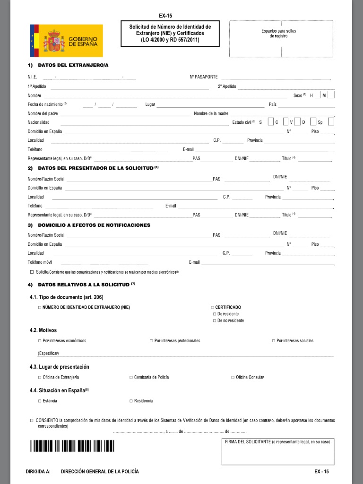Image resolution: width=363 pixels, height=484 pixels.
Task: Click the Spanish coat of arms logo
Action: pos(53,42)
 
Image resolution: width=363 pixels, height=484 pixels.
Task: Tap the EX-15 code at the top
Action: pos(169,16)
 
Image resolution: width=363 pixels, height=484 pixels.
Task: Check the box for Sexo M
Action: pos(331,95)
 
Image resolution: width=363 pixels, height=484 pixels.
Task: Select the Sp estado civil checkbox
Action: pos(331,122)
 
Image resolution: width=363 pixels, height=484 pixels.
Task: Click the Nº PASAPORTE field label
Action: pos(204,77)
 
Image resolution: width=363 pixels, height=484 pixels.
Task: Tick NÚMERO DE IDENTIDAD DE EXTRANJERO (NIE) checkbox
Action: pos(40,308)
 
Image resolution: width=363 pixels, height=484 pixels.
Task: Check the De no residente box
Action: pos(214,321)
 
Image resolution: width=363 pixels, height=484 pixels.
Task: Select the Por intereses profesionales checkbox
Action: pos(151,341)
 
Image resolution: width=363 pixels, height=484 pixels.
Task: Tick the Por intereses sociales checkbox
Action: pos(273,341)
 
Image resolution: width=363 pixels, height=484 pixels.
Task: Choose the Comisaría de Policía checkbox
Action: pos(131,377)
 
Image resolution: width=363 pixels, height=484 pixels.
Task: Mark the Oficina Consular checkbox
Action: pos(233,377)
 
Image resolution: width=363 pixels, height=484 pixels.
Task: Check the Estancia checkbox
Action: pos(40,401)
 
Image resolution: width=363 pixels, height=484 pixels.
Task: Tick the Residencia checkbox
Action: pos(131,401)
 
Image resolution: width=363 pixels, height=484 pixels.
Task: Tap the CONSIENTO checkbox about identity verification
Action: pos(32,420)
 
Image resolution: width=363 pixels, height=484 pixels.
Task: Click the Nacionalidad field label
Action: pos(38,122)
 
